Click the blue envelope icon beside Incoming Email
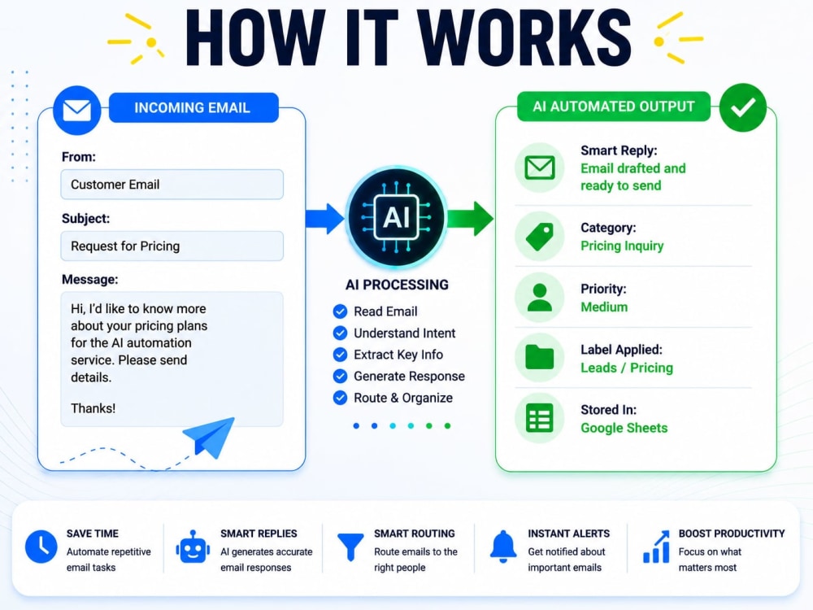tap(76, 110)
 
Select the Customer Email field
tap(172, 184)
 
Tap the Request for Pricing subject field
tap(172, 246)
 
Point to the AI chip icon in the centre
tap(397, 217)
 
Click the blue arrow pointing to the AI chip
tap(324, 218)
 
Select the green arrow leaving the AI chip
tap(470, 218)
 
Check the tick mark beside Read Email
tap(340, 312)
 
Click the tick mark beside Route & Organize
tap(340, 398)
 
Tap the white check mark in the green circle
tap(743, 107)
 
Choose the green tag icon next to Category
tap(540, 237)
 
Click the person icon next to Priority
tap(540, 297)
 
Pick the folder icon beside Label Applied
tap(540, 357)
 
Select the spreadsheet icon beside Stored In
tap(540, 418)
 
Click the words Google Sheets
tap(624, 428)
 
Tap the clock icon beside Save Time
tap(41, 547)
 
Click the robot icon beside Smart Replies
tap(193, 547)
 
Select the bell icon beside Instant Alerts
tap(503, 547)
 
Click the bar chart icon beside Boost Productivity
tap(656, 547)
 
